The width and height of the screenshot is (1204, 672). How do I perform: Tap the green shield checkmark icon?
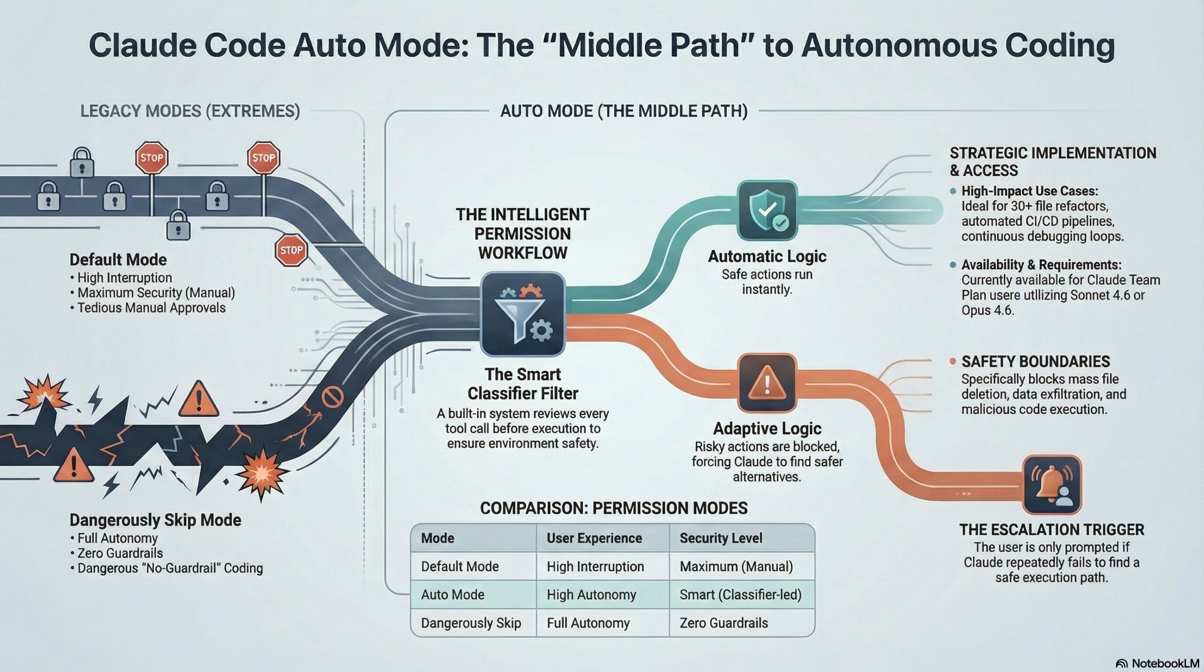click(x=767, y=211)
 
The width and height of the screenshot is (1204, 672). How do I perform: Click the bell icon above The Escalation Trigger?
click(x=1052, y=484)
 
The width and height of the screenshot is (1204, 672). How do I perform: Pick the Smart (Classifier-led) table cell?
click(x=740, y=594)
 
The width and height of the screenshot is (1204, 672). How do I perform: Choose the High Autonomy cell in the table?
click(x=591, y=594)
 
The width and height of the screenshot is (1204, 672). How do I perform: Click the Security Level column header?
click(x=721, y=538)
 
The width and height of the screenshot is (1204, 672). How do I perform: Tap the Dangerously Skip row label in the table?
click(x=471, y=623)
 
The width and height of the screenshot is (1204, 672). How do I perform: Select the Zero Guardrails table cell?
click(x=723, y=623)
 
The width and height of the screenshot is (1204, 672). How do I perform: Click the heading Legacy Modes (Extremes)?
click(x=190, y=111)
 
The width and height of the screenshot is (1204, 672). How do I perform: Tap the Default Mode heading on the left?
click(x=118, y=260)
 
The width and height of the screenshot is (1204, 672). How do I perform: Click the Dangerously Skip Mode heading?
click(x=155, y=520)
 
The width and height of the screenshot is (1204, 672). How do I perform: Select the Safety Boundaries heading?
click(x=1036, y=362)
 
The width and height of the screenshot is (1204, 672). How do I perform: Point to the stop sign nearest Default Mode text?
click(x=291, y=250)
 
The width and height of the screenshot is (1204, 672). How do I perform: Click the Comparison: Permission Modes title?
click(x=614, y=508)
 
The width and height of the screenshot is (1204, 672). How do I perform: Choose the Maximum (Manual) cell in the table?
click(x=736, y=566)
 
